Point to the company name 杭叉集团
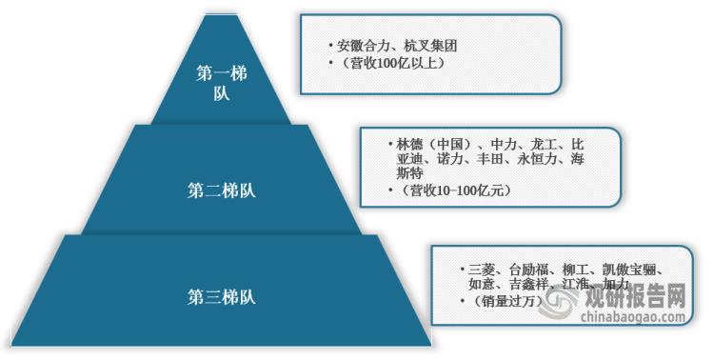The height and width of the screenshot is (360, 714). point(423,45)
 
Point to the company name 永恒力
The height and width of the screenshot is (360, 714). point(538,161)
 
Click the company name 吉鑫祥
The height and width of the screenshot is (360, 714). point(528,285)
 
